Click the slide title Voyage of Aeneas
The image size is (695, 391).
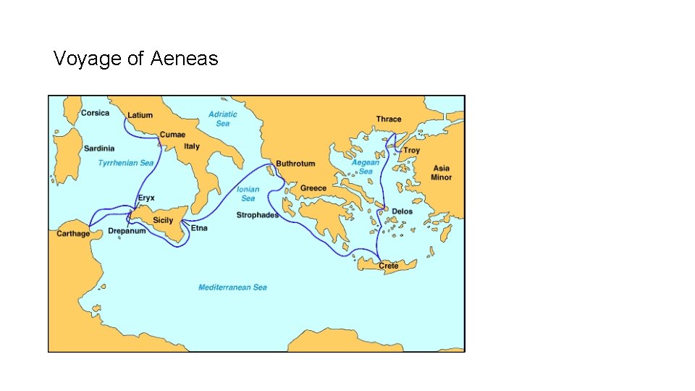point(135,59)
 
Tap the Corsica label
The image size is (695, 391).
point(95,113)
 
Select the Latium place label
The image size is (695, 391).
point(140,115)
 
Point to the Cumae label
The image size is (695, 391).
point(172,135)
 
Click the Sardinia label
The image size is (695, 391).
point(99,148)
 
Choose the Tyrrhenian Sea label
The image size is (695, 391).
point(126,163)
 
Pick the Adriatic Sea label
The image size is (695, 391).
point(222,119)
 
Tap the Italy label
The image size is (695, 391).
point(192,146)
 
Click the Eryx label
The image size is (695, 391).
point(146,198)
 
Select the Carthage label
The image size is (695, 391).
point(74,234)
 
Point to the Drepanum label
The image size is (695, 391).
point(127,231)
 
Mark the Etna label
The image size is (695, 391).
point(199,228)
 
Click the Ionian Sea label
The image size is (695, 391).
point(248,194)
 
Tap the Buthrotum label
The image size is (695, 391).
point(295,164)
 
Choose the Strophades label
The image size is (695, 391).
point(257,215)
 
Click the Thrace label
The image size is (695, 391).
point(389,119)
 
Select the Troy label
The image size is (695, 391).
point(411,151)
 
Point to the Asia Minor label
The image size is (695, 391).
point(441,173)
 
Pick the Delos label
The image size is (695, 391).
point(402,211)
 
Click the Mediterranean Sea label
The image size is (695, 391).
point(232,287)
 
